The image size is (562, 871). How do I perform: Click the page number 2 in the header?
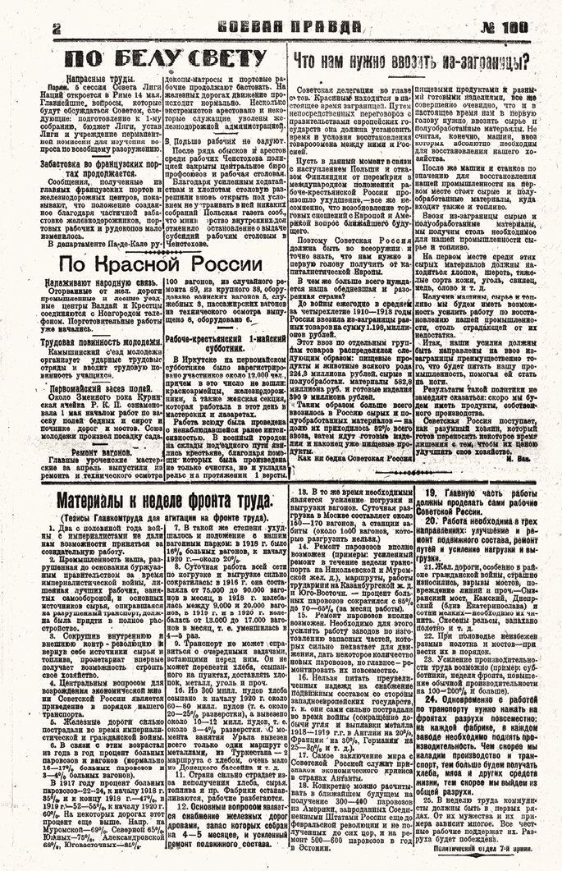(57, 27)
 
